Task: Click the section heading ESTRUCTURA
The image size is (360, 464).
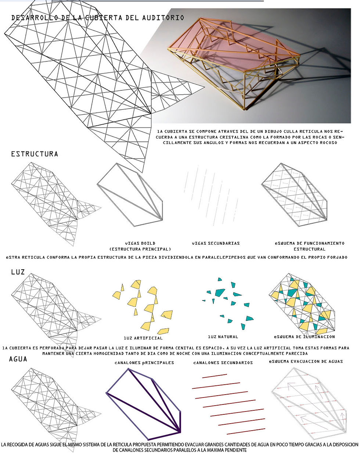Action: click(x=35, y=154)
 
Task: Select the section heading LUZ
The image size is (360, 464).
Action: click(x=18, y=272)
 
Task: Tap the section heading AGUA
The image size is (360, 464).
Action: click(x=18, y=359)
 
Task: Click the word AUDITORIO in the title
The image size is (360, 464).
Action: click(x=163, y=18)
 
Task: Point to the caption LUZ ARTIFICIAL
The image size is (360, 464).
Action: click(x=143, y=338)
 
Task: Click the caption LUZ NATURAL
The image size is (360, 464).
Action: click(x=223, y=337)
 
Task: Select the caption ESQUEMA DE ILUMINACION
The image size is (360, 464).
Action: click(x=304, y=337)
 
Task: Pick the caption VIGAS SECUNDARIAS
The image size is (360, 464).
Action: click(x=216, y=243)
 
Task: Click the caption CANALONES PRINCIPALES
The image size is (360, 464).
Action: click(x=144, y=363)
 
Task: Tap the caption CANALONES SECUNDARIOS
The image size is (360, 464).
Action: click(x=223, y=363)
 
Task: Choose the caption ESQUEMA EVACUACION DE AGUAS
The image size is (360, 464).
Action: click(x=306, y=362)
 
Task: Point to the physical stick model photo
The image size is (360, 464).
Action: click(x=250, y=66)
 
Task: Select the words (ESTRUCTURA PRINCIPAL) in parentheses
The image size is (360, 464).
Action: click(x=140, y=249)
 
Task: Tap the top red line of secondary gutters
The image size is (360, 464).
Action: click(x=215, y=376)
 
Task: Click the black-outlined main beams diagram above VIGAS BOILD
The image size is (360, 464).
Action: click(x=130, y=195)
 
